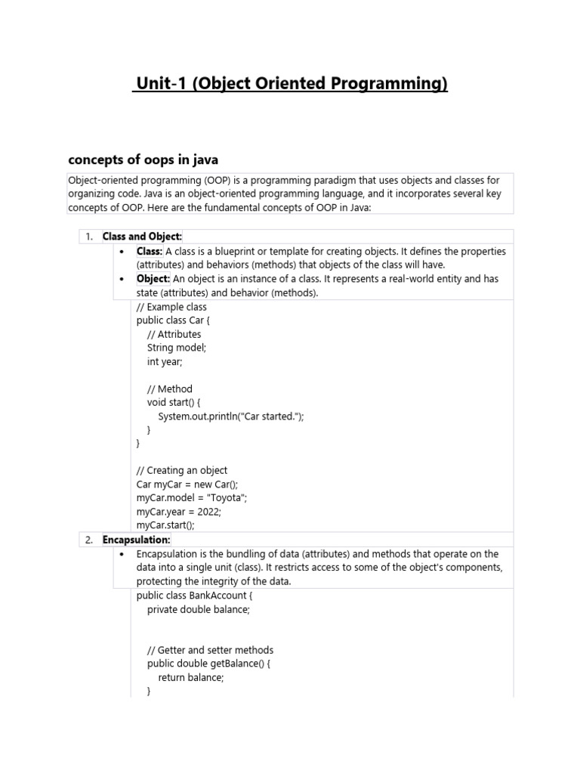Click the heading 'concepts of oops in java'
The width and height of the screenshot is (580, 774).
143,159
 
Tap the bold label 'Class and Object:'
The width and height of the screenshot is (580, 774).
142,237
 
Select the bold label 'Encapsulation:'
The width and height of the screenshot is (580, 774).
137,540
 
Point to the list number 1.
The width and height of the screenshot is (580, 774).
89,237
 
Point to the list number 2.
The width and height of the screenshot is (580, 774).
89,540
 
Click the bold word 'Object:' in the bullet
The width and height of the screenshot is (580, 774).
153,279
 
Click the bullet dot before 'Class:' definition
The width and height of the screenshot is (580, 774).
122,251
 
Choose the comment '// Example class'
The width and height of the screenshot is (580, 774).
171,307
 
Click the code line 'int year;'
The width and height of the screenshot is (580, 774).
165,361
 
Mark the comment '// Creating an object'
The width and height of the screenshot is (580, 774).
182,470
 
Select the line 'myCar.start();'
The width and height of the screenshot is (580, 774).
165,525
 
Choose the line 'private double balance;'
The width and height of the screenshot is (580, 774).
198,609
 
